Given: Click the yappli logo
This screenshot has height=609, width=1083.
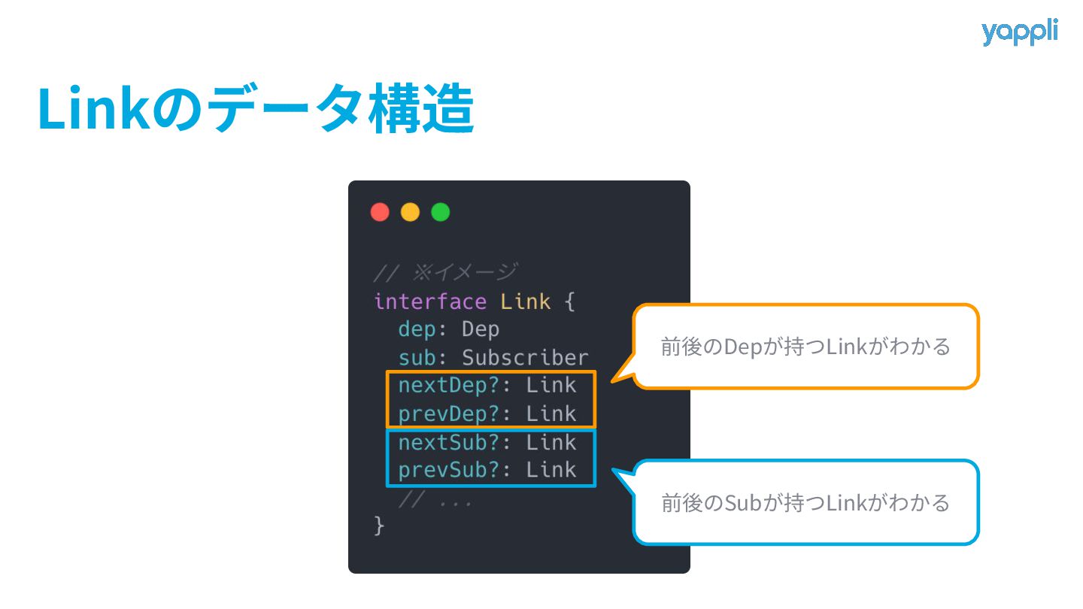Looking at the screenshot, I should (1019, 33).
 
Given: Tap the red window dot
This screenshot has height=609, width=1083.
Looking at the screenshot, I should (380, 213).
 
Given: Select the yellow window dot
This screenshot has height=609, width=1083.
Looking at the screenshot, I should (410, 213).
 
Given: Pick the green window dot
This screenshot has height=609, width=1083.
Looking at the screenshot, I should (440, 213).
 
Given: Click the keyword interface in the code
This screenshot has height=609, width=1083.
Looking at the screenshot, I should (430, 301).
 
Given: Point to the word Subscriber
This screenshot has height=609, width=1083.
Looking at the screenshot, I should (525, 357).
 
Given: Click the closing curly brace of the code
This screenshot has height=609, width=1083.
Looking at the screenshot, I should (379, 526).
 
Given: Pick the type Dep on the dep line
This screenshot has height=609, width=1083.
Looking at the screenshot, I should (481, 329).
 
